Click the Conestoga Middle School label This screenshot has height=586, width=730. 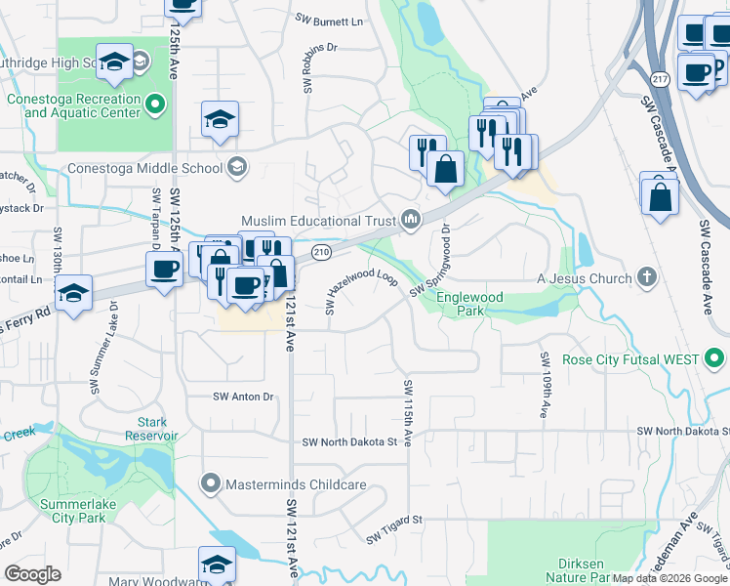pos(144,168)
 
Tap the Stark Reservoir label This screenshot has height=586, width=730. pos(151,429)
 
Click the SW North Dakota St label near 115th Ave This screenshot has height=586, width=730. pos(349,441)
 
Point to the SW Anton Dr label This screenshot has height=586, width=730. pos(243,397)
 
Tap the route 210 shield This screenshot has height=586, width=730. pos(320,253)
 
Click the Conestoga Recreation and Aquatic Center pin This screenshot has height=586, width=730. pos(155,103)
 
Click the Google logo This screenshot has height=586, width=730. pos(32,573)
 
